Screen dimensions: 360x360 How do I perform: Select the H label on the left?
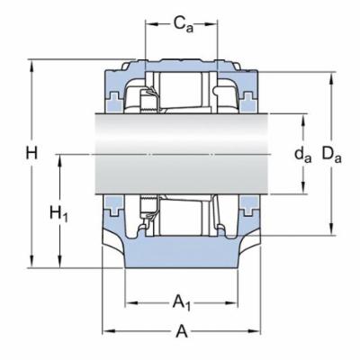coord(33,154)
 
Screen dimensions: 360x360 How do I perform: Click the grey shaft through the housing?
coord(180,153)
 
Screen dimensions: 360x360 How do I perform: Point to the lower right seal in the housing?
coord(244,210)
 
